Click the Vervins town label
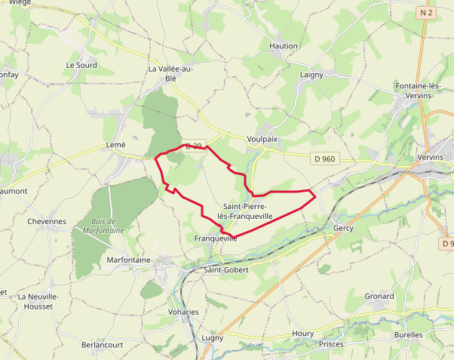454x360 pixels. click(431, 157)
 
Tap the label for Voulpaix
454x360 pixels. click(262, 139)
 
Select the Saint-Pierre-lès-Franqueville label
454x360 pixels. click(244, 211)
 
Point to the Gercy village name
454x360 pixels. click(342, 227)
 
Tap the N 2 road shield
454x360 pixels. click(426, 12)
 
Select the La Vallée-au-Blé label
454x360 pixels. click(170, 73)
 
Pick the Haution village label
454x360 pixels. click(284, 46)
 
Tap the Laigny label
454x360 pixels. click(311, 75)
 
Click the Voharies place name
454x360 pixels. click(183, 312)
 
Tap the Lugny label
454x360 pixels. click(213, 337)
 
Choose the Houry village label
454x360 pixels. click(302, 333)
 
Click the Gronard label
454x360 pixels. click(379, 297)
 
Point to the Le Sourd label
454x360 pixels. click(81, 65)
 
